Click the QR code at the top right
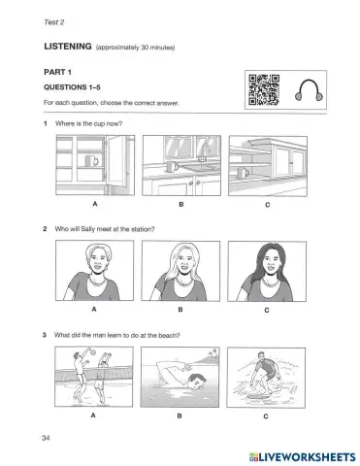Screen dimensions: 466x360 [264, 90]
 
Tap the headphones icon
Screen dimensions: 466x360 [309, 90]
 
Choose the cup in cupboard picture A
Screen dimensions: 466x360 [91, 159]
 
